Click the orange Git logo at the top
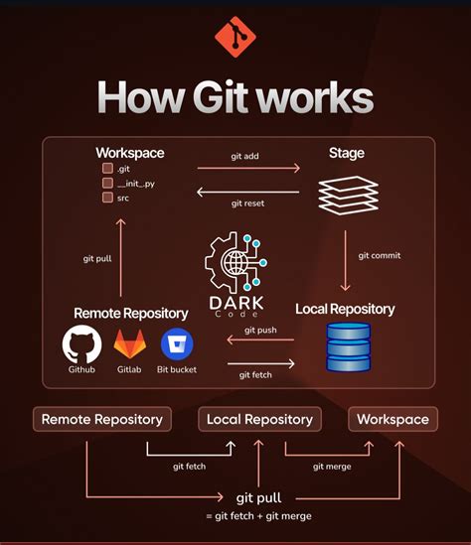pos(235,39)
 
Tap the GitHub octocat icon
pos(82,344)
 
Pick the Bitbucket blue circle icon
pos(177,344)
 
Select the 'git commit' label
pos(380,255)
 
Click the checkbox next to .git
pos(106,169)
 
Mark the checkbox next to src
pos(106,197)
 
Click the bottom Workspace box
pos(392,419)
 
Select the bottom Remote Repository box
pos(101,419)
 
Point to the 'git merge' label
pos(332,466)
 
